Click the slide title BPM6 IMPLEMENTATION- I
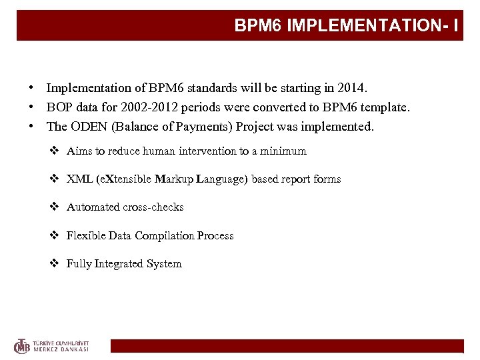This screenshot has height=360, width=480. tap(345, 26)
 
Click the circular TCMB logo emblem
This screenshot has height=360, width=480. tap(23, 345)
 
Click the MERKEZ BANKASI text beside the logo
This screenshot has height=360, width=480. tap(61, 349)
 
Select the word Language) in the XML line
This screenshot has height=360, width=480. tap(227, 179)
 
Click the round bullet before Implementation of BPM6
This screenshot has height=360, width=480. tap(31, 88)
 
